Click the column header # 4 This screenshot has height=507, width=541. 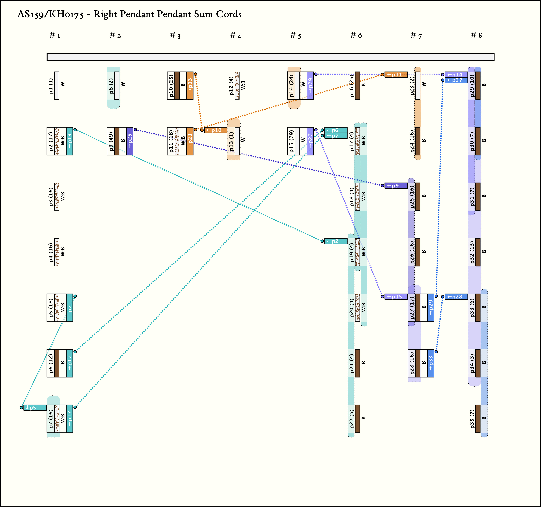click(x=235, y=35)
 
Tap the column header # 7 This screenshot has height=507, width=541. click(x=416, y=35)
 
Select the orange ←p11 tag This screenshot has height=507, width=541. click(x=396, y=75)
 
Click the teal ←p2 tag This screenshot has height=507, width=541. click(x=336, y=241)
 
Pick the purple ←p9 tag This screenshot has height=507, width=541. click(x=396, y=186)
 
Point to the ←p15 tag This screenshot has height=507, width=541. click(x=396, y=297)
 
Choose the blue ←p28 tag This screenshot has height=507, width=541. click(x=456, y=297)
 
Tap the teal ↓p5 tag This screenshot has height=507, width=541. click(x=35, y=408)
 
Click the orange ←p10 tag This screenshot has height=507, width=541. click(x=216, y=130)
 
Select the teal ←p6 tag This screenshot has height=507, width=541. click(x=336, y=130)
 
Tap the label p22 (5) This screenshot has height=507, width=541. click(x=352, y=419)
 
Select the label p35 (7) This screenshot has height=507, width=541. click(x=472, y=419)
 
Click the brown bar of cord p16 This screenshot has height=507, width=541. click(x=358, y=86)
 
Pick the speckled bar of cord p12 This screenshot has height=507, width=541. click(x=237, y=86)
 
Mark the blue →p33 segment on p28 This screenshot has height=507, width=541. click(x=431, y=363)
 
